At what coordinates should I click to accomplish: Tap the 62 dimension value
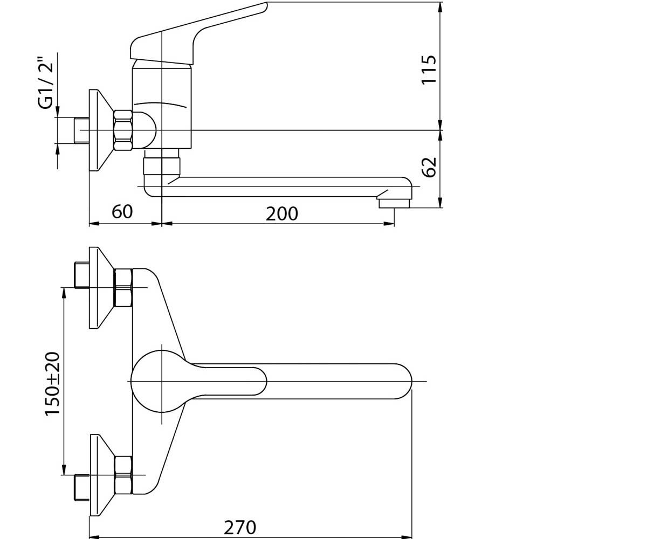pos(429,167)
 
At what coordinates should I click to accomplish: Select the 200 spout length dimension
pos(281,214)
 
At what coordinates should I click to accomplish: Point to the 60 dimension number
pos(122,212)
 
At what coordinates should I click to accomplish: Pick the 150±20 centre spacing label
pos(52,384)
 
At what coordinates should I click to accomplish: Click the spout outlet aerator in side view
pos(394,203)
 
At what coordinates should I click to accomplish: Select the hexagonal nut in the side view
pos(123,130)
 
